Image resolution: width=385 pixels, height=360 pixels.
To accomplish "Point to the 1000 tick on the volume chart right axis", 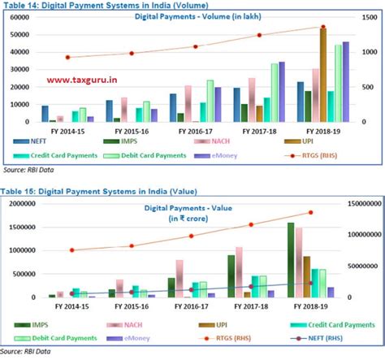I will click(x=369, y=51).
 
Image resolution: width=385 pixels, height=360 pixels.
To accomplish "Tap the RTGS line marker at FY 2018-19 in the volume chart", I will click(x=324, y=27).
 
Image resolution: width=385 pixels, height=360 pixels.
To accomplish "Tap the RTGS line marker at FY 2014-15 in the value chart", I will click(x=71, y=250).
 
